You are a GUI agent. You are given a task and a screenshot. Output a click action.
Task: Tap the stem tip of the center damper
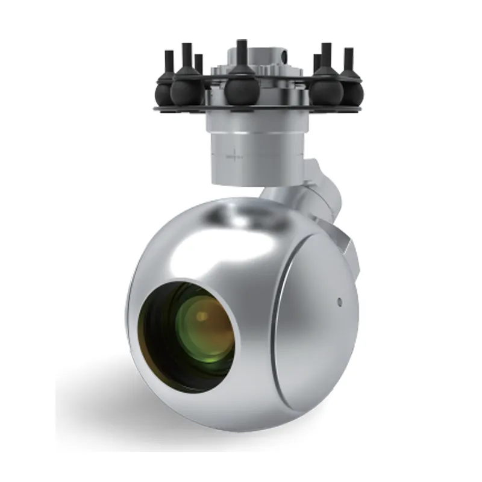[241, 43]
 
